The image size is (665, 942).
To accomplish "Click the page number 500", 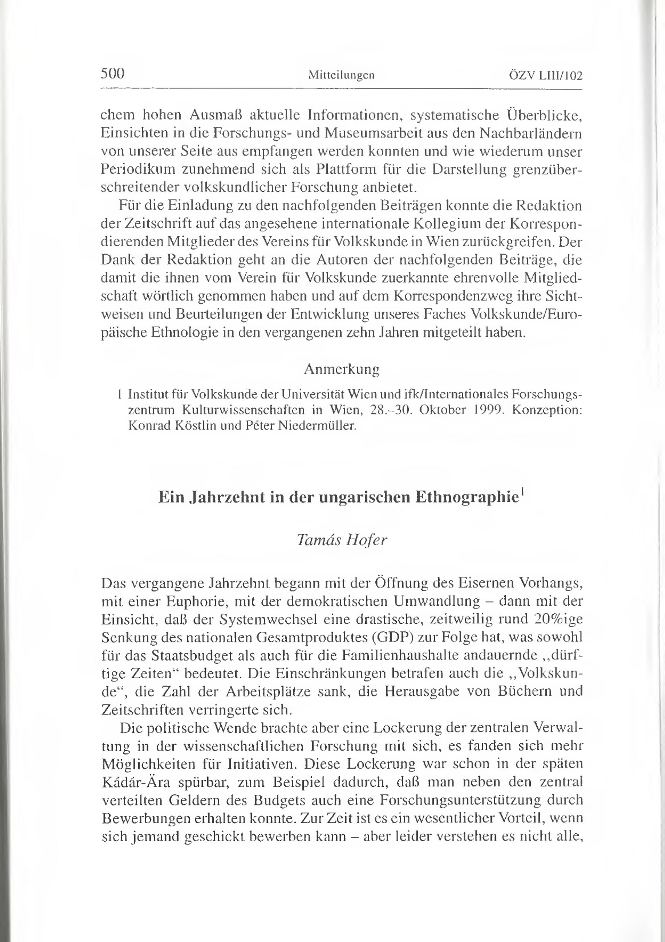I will [112, 74].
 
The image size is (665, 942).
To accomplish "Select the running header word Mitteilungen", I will [341, 75].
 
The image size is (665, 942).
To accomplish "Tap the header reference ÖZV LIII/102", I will [546, 76].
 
